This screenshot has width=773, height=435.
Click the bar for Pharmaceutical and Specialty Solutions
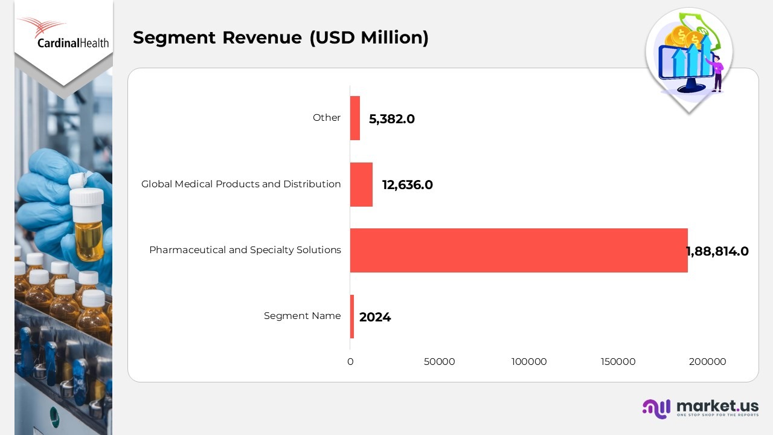point(518,250)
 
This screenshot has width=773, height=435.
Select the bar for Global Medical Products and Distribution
point(361,184)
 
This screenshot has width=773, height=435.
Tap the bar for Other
point(355,118)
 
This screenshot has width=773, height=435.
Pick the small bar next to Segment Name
point(352,317)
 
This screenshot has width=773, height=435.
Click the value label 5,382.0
point(391,119)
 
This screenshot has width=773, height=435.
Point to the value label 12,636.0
point(407,185)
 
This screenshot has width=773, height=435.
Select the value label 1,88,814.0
point(717,251)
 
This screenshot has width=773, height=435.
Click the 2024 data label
point(374,317)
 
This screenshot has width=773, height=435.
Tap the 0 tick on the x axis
point(350,362)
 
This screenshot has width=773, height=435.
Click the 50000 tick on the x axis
point(439,362)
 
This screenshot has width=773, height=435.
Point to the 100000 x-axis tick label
point(528,362)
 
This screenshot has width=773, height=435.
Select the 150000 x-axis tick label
point(618,362)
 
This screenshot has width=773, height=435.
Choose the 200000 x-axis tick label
point(707,362)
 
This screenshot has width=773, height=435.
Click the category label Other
point(326,118)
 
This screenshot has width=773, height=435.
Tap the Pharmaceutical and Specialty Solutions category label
point(245,250)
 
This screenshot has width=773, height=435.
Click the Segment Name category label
point(302,316)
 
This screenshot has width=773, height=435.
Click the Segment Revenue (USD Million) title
point(280,37)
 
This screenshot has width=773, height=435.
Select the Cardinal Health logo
point(63,34)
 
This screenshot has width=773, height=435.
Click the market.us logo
point(701,408)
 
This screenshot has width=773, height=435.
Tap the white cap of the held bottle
point(86,196)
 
